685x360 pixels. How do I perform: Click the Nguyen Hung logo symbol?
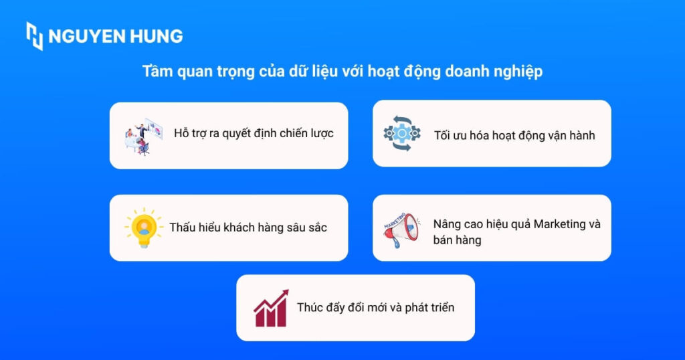35,35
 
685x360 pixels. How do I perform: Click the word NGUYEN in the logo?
89,36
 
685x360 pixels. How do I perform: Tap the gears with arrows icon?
402,133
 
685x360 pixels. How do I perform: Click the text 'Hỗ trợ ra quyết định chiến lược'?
254,133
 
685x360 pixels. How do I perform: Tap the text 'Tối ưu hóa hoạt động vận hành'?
514,135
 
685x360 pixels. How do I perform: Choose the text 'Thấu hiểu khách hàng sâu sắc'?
248,228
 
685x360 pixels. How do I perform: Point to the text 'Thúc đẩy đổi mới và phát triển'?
375,308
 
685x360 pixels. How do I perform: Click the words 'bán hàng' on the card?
457,240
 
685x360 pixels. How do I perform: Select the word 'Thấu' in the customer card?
182,228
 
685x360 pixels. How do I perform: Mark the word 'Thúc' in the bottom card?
310,308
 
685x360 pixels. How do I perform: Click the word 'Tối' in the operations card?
442,135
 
